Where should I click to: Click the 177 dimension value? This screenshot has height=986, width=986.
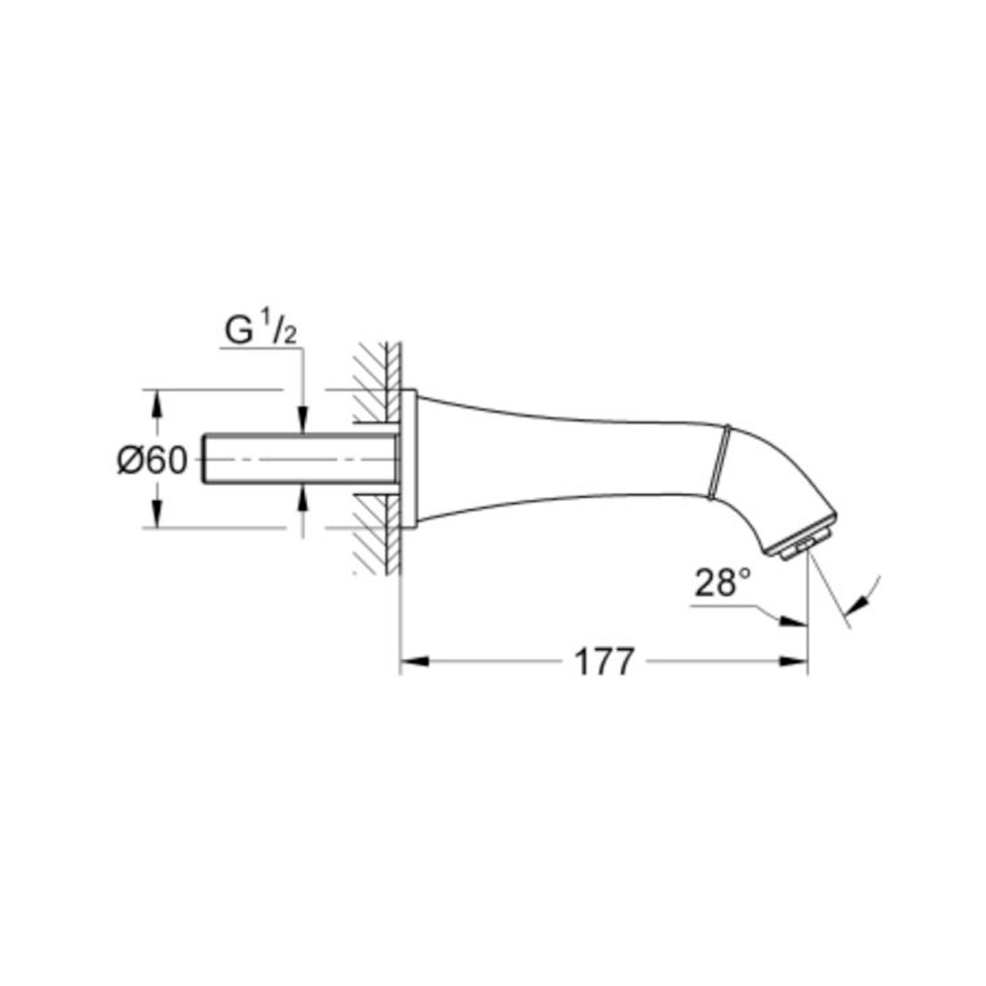point(604,661)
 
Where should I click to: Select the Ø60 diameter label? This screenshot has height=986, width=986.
point(152,461)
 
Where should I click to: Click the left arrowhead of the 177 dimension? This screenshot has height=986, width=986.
point(415,661)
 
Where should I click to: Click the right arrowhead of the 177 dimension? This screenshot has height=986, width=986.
point(793,661)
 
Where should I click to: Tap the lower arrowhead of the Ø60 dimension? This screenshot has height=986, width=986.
point(157,513)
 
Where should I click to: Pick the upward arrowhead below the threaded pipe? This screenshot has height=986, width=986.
point(303,497)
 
